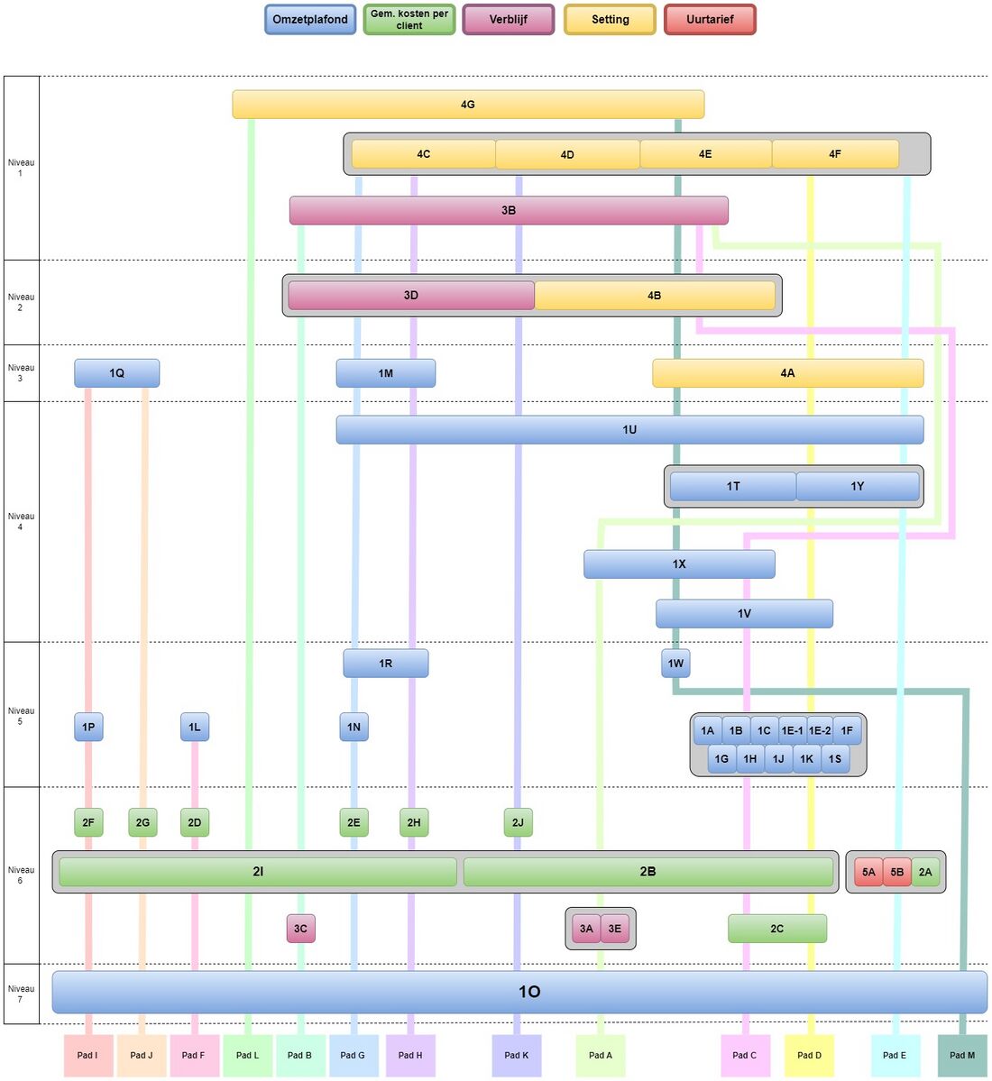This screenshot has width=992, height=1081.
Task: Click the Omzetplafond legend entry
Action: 310,20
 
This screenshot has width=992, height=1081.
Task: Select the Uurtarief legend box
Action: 710,20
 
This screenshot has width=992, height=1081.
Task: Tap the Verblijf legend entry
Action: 509,20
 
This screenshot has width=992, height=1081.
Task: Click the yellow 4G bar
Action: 467,105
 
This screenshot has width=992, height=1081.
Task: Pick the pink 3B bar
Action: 509,210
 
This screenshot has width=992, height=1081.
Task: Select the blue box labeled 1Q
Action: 116,373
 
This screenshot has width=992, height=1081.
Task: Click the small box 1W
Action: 675,664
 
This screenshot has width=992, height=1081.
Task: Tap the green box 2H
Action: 414,822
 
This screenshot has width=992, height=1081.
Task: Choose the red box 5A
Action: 868,872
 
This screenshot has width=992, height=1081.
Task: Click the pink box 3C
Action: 300,929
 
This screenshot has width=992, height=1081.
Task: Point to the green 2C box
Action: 776,929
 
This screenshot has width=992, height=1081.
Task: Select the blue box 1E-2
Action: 820,730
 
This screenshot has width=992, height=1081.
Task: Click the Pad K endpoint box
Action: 517,1056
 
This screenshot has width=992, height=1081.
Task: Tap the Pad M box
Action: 962,1056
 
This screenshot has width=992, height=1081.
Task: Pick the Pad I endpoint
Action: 87,1056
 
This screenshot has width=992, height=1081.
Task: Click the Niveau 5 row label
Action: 21,716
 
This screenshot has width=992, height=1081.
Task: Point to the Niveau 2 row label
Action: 21,302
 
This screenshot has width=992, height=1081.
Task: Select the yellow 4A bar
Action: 787,373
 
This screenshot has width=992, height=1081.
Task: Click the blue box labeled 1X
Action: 679,564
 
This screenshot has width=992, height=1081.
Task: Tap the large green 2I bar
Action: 258,872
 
